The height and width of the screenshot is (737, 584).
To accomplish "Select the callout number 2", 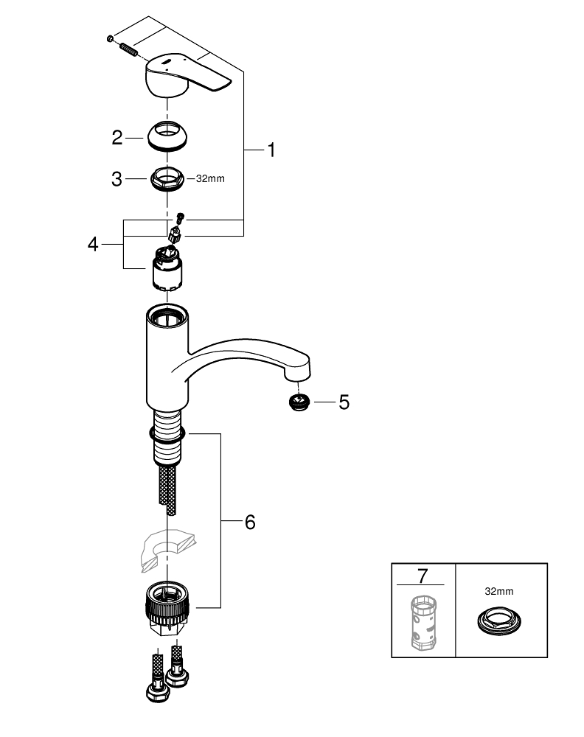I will click(117, 137).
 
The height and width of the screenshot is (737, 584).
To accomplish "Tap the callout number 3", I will click(117, 178).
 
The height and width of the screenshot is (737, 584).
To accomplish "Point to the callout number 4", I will click(93, 244).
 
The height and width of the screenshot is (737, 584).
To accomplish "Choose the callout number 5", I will click(344, 402).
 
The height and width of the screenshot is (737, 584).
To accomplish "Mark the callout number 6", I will click(249, 522).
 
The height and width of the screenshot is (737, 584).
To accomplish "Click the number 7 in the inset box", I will click(423, 575).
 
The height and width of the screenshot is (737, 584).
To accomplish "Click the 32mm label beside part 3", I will click(209, 178).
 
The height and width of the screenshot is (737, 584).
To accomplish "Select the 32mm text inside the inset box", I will click(501, 590).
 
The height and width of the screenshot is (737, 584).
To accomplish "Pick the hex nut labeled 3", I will click(167, 178).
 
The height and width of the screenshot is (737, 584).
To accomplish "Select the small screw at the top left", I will click(109, 38).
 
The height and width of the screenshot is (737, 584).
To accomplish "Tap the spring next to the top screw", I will click(128, 49).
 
